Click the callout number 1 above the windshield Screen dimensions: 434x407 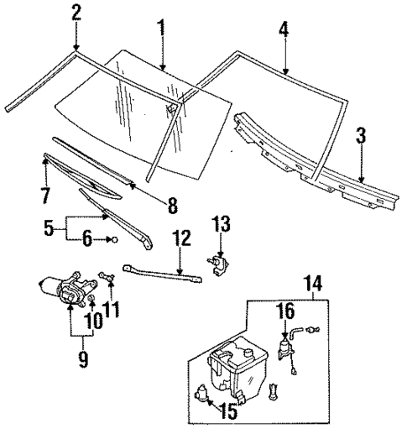coord(160,15)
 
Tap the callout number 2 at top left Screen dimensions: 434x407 coord(76,12)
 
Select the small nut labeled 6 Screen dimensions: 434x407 coord(114,240)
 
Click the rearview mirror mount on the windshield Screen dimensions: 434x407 coord(172,107)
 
